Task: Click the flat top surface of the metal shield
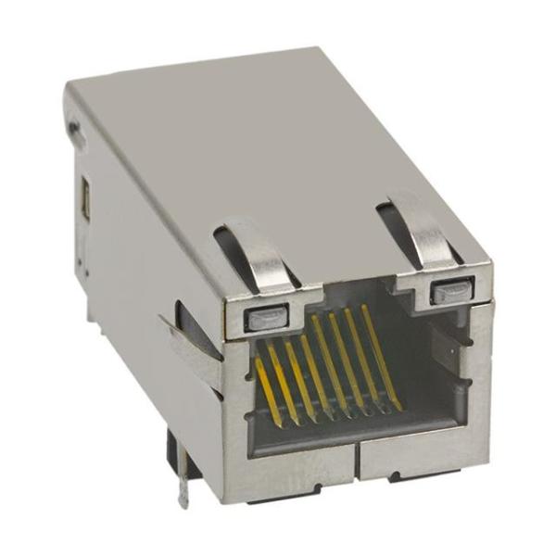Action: tap(259, 139)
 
